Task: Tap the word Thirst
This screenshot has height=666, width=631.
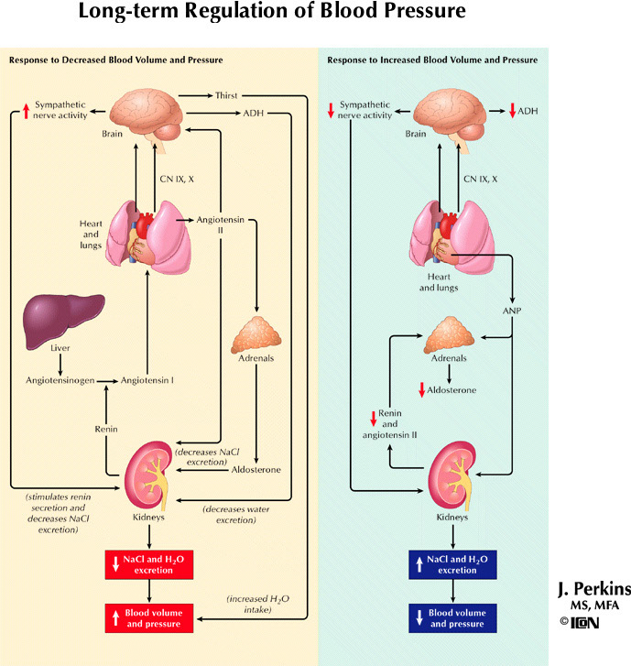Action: point(227,95)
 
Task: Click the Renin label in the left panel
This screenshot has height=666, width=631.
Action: point(107,428)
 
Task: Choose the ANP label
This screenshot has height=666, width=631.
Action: point(511,311)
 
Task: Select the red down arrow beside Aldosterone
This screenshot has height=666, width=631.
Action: point(422,390)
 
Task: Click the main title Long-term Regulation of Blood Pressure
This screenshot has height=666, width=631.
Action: point(272,13)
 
